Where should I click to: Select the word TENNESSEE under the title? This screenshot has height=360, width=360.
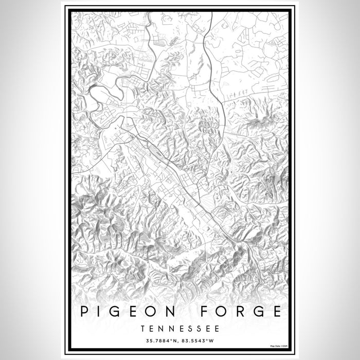(x=180, y=328)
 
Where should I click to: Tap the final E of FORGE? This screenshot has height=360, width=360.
(x=278, y=312)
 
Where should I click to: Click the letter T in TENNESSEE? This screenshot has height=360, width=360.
(x=142, y=328)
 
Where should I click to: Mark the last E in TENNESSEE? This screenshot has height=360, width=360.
(x=218, y=328)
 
